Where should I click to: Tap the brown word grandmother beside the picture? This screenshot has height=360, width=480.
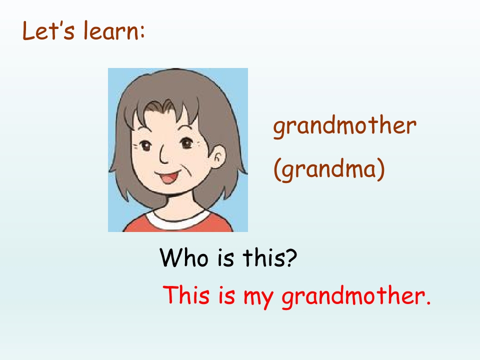344,126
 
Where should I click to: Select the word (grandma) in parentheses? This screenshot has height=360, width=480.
329,170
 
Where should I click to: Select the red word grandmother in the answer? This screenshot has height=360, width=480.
350,296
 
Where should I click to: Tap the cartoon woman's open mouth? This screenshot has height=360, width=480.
169,177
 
